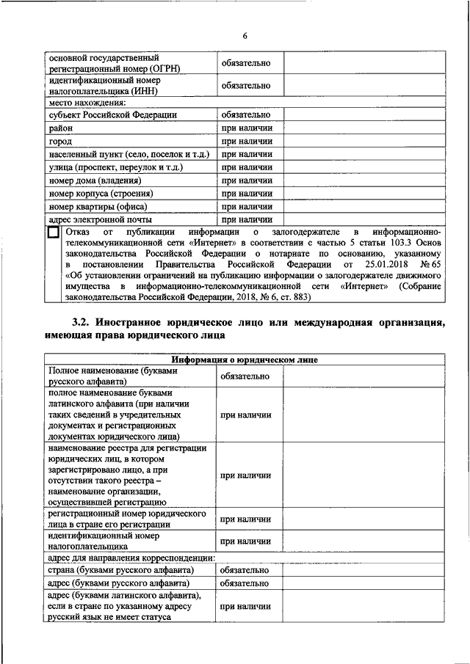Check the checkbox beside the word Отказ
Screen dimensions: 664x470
pos(53,233)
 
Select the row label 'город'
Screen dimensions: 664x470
pos(61,141)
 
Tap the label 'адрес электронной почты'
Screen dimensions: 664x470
pos(100,219)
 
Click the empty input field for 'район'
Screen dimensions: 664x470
pos(363,128)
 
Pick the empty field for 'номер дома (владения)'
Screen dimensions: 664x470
pos(363,180)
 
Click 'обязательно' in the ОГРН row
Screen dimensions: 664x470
pos(246,63)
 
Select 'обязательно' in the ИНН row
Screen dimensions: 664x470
pos(246,86)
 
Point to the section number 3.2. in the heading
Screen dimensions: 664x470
pos(84,322)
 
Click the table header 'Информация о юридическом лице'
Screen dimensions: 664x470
pos(245,360)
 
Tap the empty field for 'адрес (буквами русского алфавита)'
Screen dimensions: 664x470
pos(363,583)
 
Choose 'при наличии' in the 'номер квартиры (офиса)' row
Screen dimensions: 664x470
pos(246,206)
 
